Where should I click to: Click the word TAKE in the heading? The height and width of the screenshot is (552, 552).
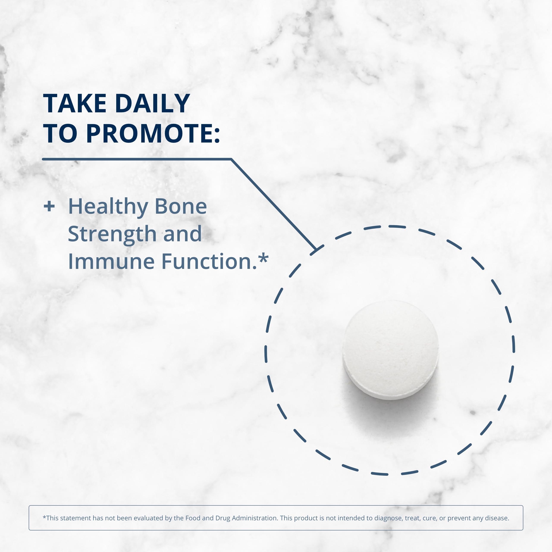[x=75, y=103]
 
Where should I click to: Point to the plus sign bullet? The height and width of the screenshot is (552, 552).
[x=49, y=206]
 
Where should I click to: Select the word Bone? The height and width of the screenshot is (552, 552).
[x=180, y=206]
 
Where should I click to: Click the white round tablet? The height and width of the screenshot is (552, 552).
[x=390, y=350]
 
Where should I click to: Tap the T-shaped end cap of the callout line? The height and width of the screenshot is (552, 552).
[x=317, y=249]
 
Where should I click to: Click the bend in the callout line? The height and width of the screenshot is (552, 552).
[x=231, y=159]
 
